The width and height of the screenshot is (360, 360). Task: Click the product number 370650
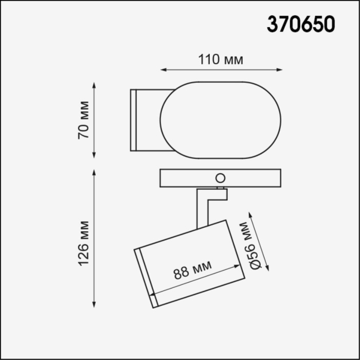pos(300,24)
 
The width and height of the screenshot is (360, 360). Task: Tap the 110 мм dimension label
pos(221,60)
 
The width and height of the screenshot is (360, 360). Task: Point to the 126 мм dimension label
pos(84,243)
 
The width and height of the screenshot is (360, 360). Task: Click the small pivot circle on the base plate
pos(220,178)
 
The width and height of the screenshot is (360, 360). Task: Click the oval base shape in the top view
pos(221,120)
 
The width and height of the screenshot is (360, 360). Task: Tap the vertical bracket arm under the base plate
pos(202,208)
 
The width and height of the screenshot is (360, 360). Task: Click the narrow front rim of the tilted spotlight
pos(146,278)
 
